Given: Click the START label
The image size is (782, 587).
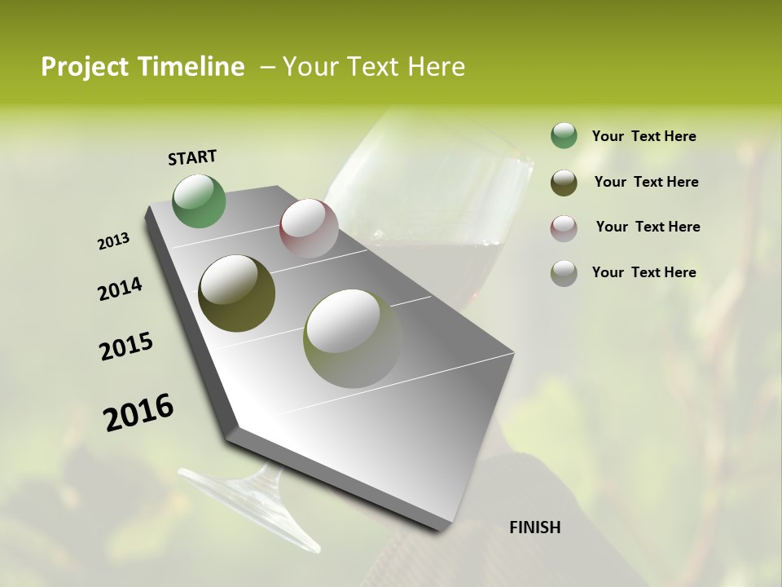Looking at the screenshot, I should (192, 157).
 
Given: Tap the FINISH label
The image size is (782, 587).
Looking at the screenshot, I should (534, 527).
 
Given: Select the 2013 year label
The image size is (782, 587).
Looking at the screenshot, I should (114, 241).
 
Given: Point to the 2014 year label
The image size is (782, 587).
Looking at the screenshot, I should (120, 289).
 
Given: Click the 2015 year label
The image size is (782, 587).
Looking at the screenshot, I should (126, 346).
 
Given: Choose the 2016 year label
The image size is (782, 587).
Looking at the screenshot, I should (138, 413).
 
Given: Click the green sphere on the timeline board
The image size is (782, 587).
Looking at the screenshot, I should (200, 201).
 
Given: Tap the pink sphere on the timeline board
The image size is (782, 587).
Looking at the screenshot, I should (309, 228).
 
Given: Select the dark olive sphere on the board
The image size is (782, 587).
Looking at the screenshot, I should (236, 293).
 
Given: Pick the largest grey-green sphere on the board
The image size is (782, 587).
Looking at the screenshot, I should (353, 338).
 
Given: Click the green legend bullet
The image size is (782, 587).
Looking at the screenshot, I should (564, 136).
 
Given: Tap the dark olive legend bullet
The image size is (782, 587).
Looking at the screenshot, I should (564, 183).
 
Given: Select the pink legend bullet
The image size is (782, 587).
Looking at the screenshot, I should (564, 228).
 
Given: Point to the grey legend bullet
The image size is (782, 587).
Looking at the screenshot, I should (564, 273).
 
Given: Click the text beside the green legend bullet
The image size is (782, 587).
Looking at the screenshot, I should (644, 137).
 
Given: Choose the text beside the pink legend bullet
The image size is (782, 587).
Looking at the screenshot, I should (648, 227).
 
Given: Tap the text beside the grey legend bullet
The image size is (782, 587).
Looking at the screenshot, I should (644, 272).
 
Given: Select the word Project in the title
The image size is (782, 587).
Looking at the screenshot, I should (85, 67).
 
